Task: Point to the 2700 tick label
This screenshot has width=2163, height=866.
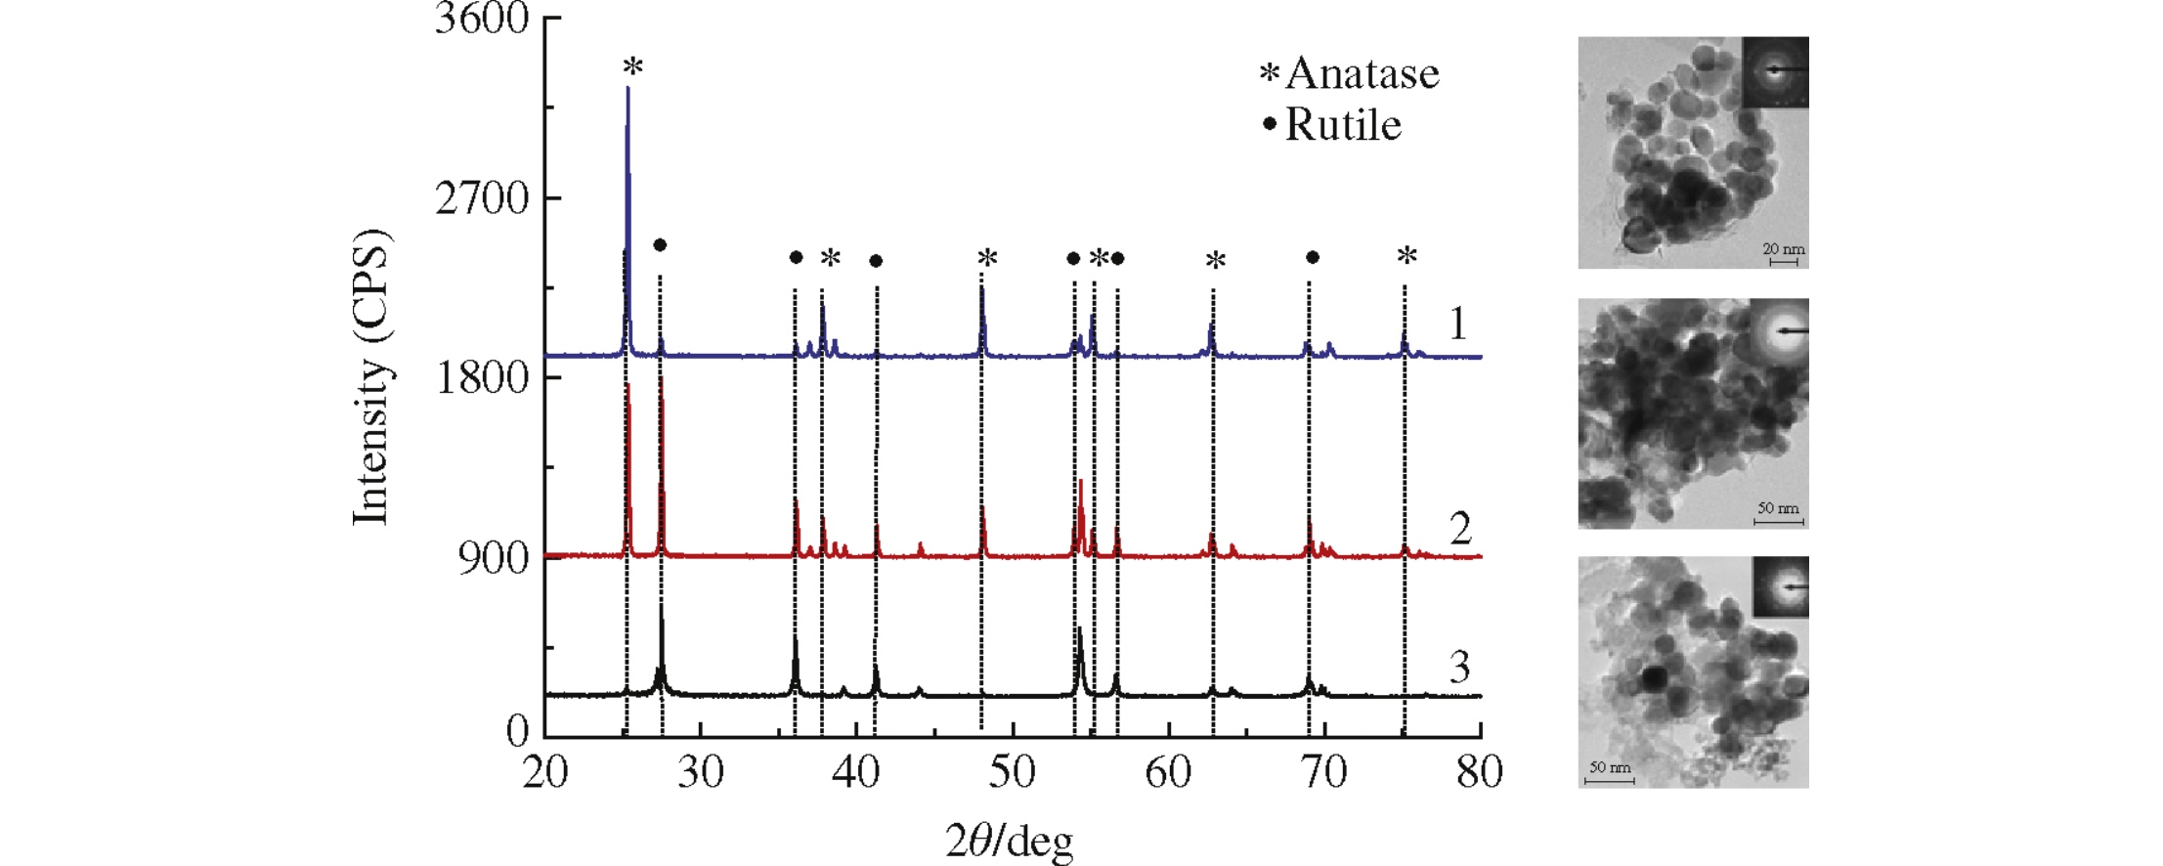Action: click(481, 198)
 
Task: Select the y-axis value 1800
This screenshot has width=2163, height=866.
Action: click(481, 378)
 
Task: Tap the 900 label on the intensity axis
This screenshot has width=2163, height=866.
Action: click(493, 558)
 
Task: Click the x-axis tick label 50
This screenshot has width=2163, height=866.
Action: click(1012, 772)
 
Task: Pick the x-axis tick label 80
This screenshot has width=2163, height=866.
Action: click(1479, 772)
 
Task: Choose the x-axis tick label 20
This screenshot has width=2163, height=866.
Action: click(544, 772)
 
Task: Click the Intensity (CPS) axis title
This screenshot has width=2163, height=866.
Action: click(371, 376)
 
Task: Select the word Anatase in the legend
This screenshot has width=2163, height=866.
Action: click(1362, 73)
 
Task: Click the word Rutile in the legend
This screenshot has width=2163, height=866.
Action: click(1343, 125)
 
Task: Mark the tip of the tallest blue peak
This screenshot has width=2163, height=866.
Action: click(627, 88)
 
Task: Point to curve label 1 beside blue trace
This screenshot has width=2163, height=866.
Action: click(1457, 324)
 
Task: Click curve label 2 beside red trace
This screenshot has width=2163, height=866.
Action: click(1459, 529)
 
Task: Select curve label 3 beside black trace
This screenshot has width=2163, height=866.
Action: click(1458, 668)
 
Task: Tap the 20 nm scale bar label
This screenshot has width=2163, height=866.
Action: click(1783, 249)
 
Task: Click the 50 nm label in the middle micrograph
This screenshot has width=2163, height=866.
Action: click(1778, 508)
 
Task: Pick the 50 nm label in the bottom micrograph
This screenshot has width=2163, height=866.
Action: click(1609, 767)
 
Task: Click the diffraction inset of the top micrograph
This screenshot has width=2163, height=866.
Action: click(1775, 71)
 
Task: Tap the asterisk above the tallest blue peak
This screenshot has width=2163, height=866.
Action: click(633, 67)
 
